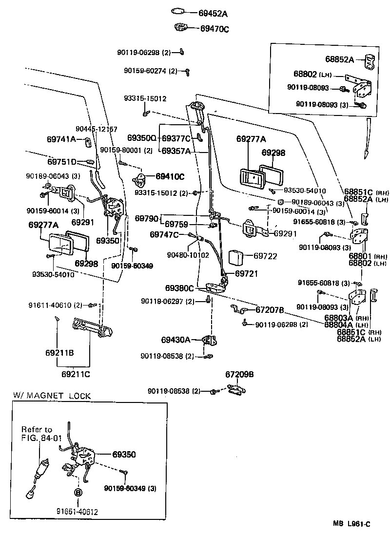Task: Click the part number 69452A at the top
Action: [213, 14]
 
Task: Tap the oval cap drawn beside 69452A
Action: [178, 11]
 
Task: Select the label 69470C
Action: [214, 29]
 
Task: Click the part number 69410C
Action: [170, 176]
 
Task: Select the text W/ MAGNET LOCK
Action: [52, 396]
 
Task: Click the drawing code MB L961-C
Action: [351, 524]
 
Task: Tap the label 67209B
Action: [239, 374]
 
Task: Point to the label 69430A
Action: [175, 339]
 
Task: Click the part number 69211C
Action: [76, 374]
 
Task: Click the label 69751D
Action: [62, 162]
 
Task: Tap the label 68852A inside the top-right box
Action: [340, 60]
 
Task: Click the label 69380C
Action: [179, 288]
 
